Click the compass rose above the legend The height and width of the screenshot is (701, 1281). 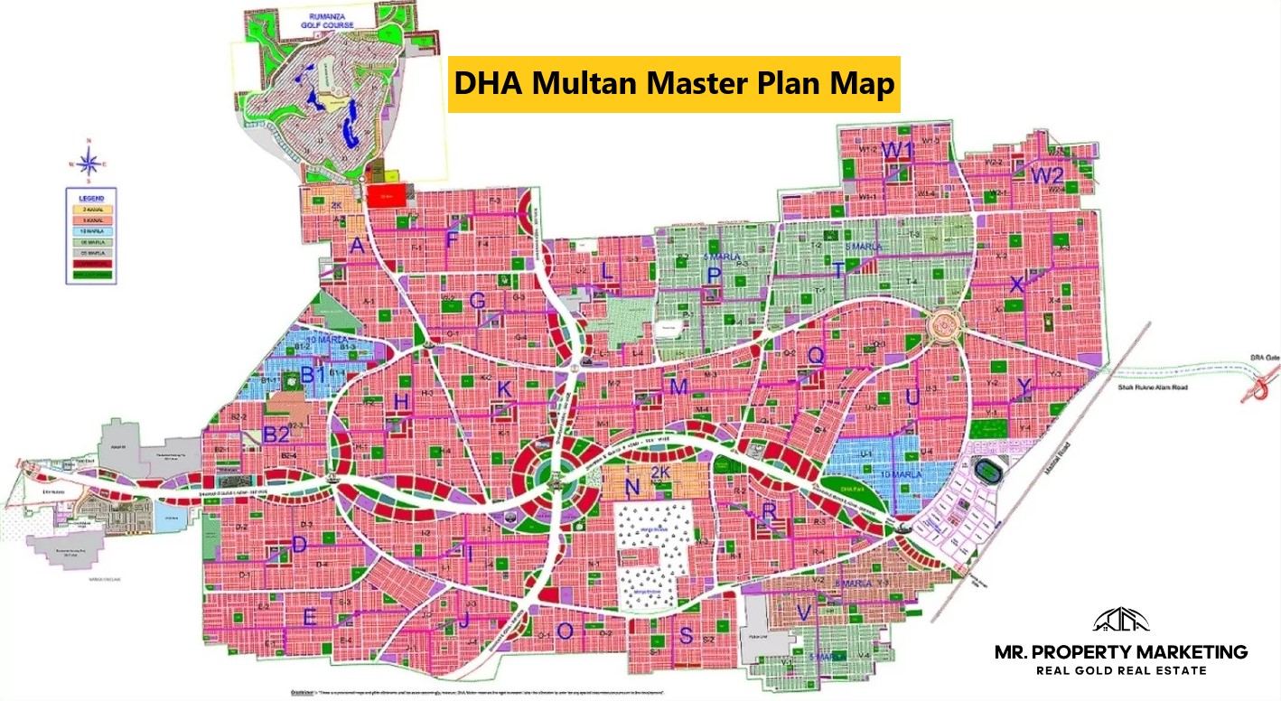pos(89,164)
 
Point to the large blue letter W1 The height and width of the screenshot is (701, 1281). pos(899,149)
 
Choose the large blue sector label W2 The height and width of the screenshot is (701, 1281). pos(1049,175)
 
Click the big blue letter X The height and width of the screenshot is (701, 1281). pos(1016,285)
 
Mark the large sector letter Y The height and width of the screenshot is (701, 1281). pos(1024,387)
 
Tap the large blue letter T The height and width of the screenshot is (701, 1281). pos(839,269)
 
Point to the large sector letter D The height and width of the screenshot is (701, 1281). pos(300,545)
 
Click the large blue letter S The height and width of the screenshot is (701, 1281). pos(686,636)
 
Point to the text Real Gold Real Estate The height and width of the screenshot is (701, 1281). pos(1120,670)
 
